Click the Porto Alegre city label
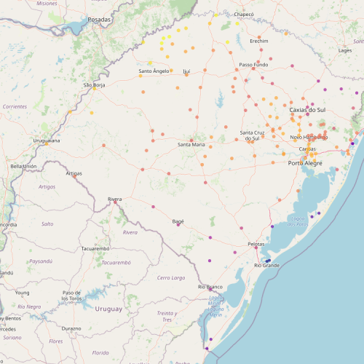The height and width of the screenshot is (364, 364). point(306,163)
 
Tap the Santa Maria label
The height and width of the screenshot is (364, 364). point(191,145)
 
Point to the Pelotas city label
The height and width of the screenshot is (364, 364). point(256,244)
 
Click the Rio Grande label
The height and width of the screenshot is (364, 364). point(266,266)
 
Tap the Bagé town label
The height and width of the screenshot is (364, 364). point(178,221)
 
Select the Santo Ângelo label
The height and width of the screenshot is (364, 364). point(154,71)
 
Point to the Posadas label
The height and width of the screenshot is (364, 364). point(99,20)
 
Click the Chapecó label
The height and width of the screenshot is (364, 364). point(244,14)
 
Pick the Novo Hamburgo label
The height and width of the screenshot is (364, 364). point(309,137)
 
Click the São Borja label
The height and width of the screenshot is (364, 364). point(95,85)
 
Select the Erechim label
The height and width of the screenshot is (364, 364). point(259,41)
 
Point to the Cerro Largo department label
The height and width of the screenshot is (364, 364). point(173,277)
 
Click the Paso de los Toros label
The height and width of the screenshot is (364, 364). point(71,296)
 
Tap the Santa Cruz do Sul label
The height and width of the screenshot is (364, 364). point(252,135)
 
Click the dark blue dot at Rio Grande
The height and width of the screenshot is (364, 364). point(268,260)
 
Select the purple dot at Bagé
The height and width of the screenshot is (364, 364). point(178,225)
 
